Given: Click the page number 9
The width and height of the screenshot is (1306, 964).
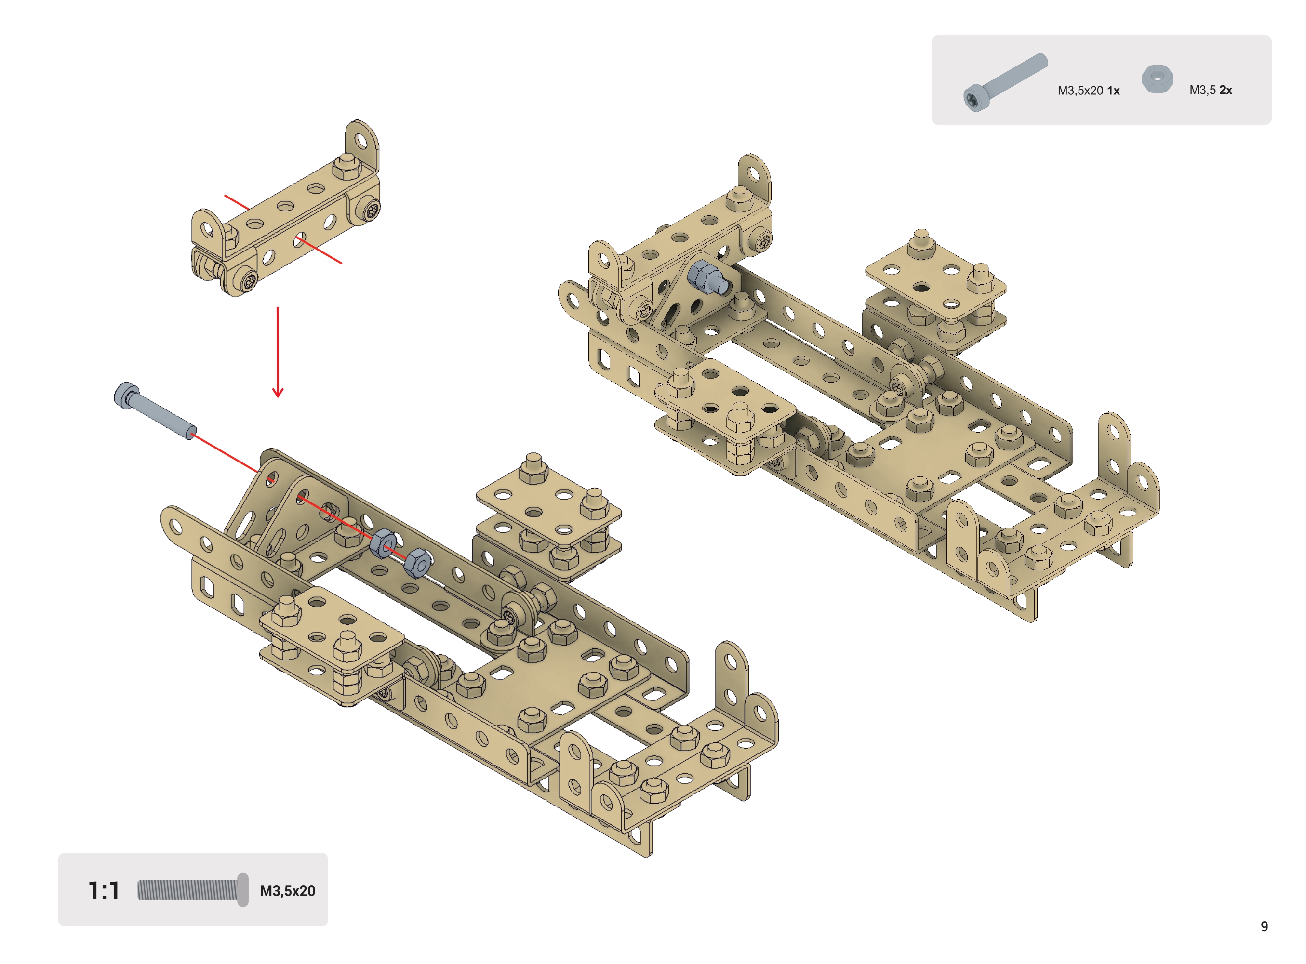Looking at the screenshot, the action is [x=1265, y=926].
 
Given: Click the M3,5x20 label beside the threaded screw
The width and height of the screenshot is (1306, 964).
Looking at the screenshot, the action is [x=288, y=891].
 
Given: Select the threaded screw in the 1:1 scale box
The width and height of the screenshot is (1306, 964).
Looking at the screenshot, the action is [x=193, y=890].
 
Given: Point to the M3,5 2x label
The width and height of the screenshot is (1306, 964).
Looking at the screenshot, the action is [x=1211, y=90].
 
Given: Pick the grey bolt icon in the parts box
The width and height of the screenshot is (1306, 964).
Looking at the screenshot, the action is [x=1005, y=82].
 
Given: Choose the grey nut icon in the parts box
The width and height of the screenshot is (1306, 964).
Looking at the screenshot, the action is [x=1157, y=79].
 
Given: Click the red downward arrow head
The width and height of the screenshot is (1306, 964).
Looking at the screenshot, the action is [x=278, y=392].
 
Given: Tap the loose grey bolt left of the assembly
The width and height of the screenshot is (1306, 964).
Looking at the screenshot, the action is [x=155, y=410].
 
